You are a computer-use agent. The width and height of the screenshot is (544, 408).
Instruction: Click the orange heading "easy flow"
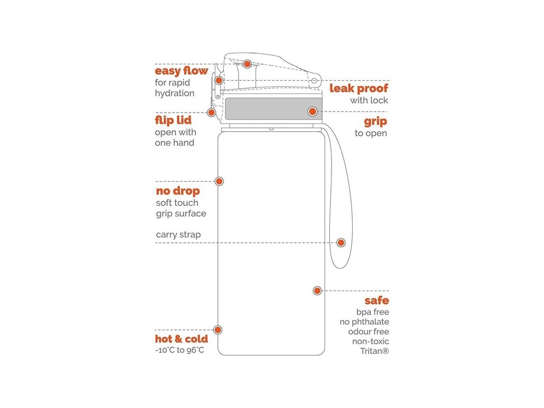click(181, 71)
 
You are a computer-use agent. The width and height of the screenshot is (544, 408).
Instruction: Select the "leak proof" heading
click(359, 88)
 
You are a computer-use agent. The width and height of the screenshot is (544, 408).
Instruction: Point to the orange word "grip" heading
click(375, 121)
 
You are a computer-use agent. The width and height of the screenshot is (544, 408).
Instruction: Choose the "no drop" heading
click(178, 191)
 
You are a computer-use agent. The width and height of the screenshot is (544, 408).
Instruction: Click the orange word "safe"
click(377, 301)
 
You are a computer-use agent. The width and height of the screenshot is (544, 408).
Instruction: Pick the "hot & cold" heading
click(181, 339)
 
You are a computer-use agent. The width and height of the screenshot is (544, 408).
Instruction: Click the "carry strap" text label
click(178, 234)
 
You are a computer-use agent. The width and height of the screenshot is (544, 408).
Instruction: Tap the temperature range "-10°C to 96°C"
click(180, 350)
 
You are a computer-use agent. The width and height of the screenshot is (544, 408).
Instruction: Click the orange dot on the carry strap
click(341, 242)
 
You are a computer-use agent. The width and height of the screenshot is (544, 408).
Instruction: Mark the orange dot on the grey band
click(312, 111)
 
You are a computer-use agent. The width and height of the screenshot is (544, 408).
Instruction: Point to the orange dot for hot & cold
click(217, 330)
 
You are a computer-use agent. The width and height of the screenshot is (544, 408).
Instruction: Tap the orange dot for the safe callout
click(317, 290)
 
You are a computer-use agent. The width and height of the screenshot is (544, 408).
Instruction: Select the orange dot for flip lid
click(211, 112)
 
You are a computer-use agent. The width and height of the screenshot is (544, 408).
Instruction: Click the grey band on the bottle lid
click(266, 109)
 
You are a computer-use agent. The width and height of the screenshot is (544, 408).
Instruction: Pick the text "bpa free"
click(372, 312)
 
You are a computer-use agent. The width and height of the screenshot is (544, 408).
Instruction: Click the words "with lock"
click(369, 100)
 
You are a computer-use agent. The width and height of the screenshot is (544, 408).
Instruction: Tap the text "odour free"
click(369, 331)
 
